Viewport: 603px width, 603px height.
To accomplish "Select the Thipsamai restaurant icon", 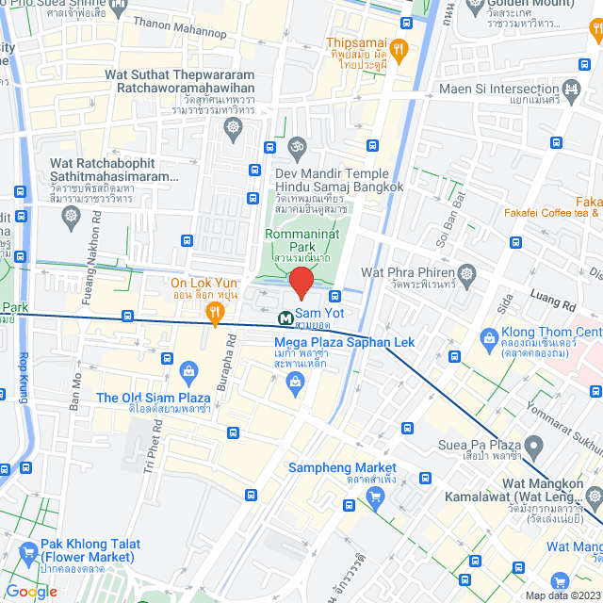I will tap(399, 48).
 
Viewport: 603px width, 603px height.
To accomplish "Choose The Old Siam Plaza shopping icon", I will tap(188, 371).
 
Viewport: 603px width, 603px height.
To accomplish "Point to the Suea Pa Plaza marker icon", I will tap(533, 444).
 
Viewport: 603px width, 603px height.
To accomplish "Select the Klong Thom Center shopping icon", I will tap(489, 336).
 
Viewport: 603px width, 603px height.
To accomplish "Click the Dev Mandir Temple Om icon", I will tap(297, 147).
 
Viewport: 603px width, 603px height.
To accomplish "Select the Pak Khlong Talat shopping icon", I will tap(27, 550).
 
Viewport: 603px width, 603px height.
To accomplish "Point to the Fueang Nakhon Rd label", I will tap(96, 236).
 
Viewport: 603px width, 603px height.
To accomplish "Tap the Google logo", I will tap(31, 591).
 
